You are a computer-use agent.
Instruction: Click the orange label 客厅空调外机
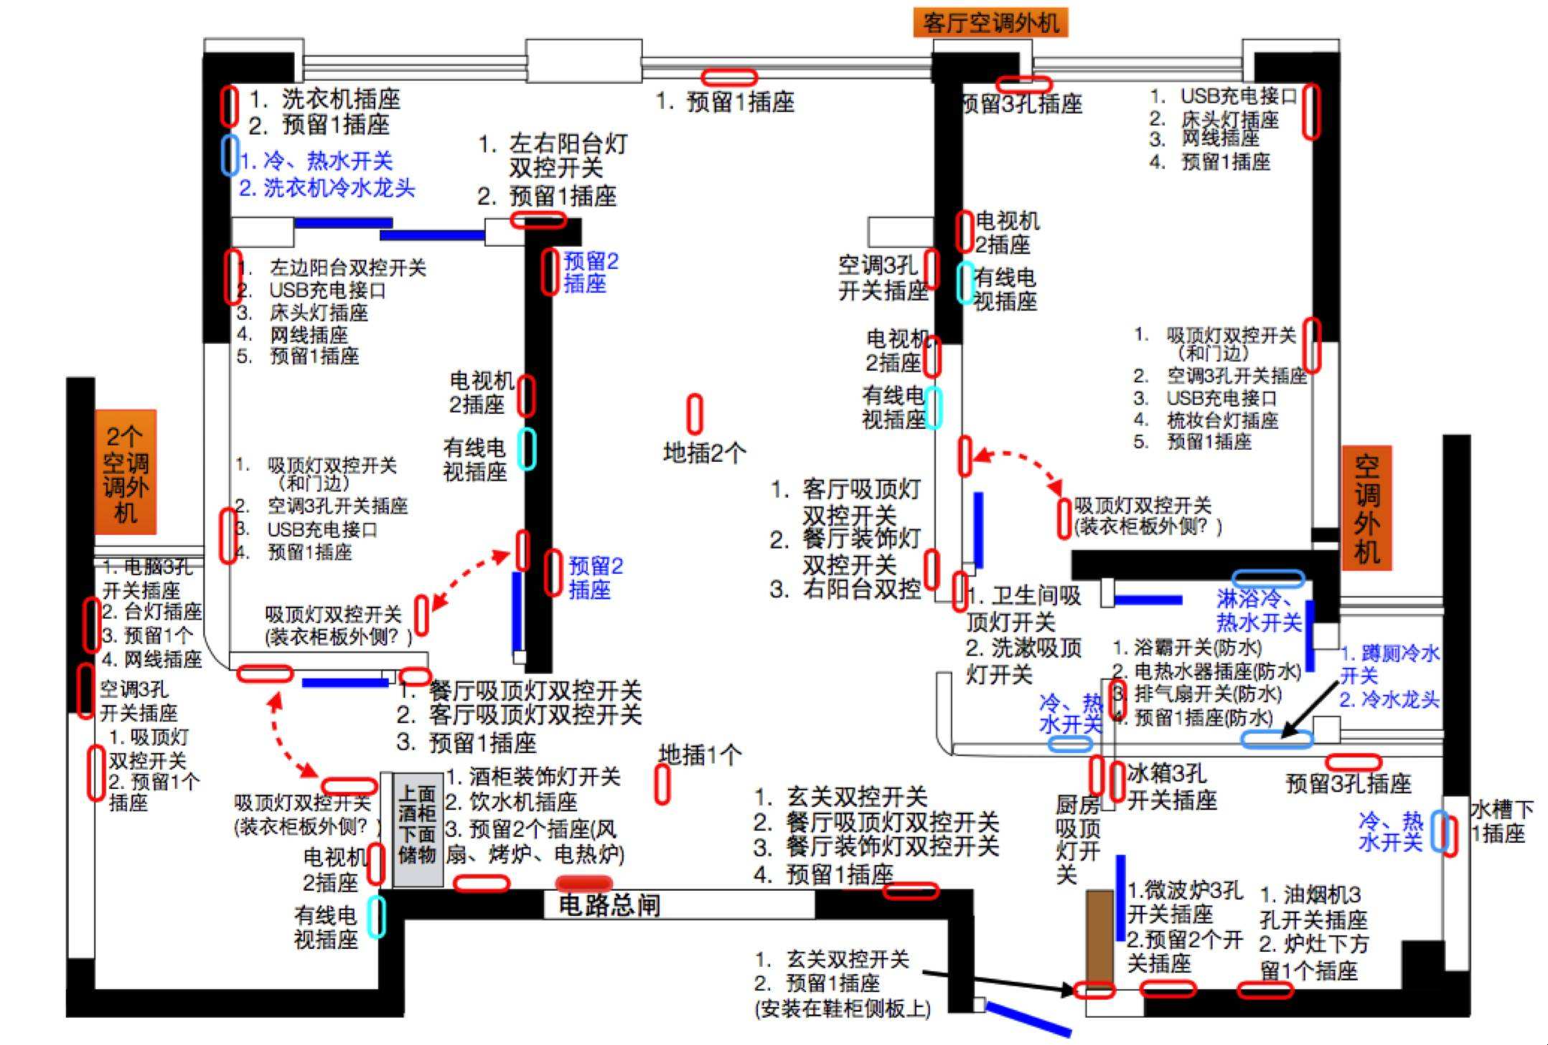tap(990, 23)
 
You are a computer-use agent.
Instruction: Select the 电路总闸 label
tap(609, 905)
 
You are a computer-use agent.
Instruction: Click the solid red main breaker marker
tap(584, 883)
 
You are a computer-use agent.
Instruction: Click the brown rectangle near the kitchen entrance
tap(1099, 937)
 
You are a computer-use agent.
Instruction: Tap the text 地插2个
tap(705, 453)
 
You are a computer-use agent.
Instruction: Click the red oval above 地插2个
tap(695, 414)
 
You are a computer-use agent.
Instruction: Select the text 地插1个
tap(700, 754)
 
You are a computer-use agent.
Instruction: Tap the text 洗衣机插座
tap(340, 98)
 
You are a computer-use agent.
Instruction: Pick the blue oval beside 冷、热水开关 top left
tap(230, 155)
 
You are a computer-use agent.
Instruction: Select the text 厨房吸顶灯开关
tap(1077, 839)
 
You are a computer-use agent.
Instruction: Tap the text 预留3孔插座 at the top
tap(1023, 105)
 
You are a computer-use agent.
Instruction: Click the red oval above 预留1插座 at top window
tap(728, 77)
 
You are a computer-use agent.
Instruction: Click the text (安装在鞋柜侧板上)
tap(843, 1008)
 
